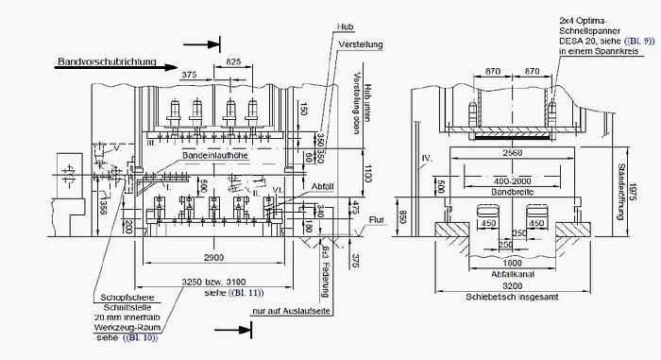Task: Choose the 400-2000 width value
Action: tap(514, 180)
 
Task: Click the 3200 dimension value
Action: tap(514, 285)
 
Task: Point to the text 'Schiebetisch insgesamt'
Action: tap(514, 297)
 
